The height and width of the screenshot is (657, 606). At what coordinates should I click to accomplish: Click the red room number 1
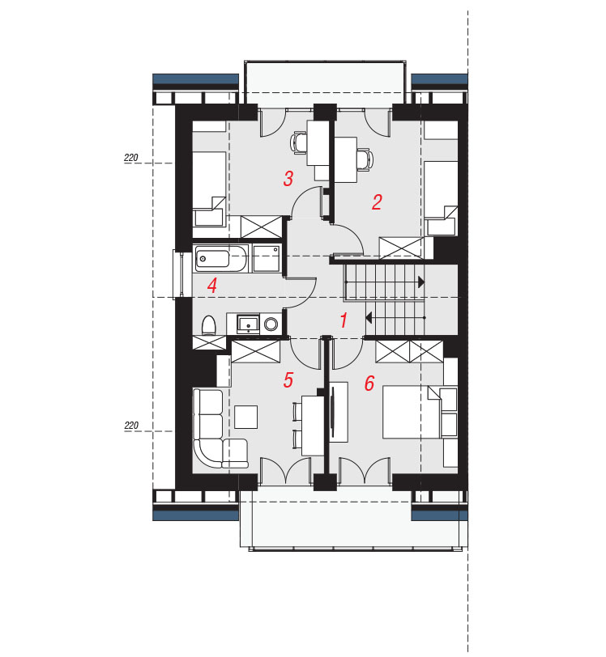coord(344,320)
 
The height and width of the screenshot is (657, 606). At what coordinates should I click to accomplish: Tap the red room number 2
coord(377,202)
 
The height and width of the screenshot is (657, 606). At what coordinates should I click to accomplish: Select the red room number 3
coord(288,179)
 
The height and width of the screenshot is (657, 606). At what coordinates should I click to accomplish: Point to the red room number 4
coord(212,286)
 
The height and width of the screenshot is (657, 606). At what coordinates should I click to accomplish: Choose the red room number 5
coord(288,380)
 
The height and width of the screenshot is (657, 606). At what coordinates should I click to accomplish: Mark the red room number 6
coord(369,384)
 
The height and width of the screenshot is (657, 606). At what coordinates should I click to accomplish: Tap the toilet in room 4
coord(208,325)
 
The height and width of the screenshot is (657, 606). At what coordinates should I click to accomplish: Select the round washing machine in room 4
coord(271,324)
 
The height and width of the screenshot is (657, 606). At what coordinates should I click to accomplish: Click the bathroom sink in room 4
coord(248,324)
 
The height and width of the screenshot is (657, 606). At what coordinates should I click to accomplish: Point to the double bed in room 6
coord(411,413)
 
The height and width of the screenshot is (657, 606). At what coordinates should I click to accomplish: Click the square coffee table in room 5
coord(246,417)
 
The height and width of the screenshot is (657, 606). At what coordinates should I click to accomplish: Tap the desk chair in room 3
coord(298,143)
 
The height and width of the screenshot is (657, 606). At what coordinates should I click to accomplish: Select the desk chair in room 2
coord(365,159)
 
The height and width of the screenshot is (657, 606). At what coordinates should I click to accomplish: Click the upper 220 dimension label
coord(131,158)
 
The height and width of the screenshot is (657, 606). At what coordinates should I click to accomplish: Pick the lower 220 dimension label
coord(131,426)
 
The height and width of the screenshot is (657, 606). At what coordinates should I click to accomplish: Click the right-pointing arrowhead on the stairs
coord(421,282)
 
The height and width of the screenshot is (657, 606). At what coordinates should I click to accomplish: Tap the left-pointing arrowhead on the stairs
coord(369,318)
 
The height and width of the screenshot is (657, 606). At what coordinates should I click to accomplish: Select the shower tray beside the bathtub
coord(267,259)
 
